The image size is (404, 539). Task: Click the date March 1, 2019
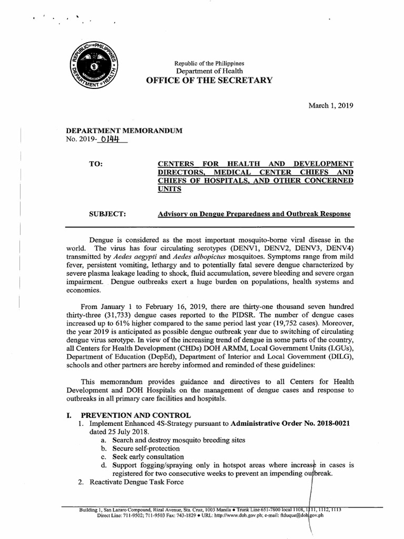[330, 105]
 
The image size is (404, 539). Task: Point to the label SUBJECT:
[109, 214]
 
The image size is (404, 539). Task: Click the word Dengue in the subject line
[208, 214]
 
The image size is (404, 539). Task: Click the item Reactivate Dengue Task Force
[136, 482]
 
